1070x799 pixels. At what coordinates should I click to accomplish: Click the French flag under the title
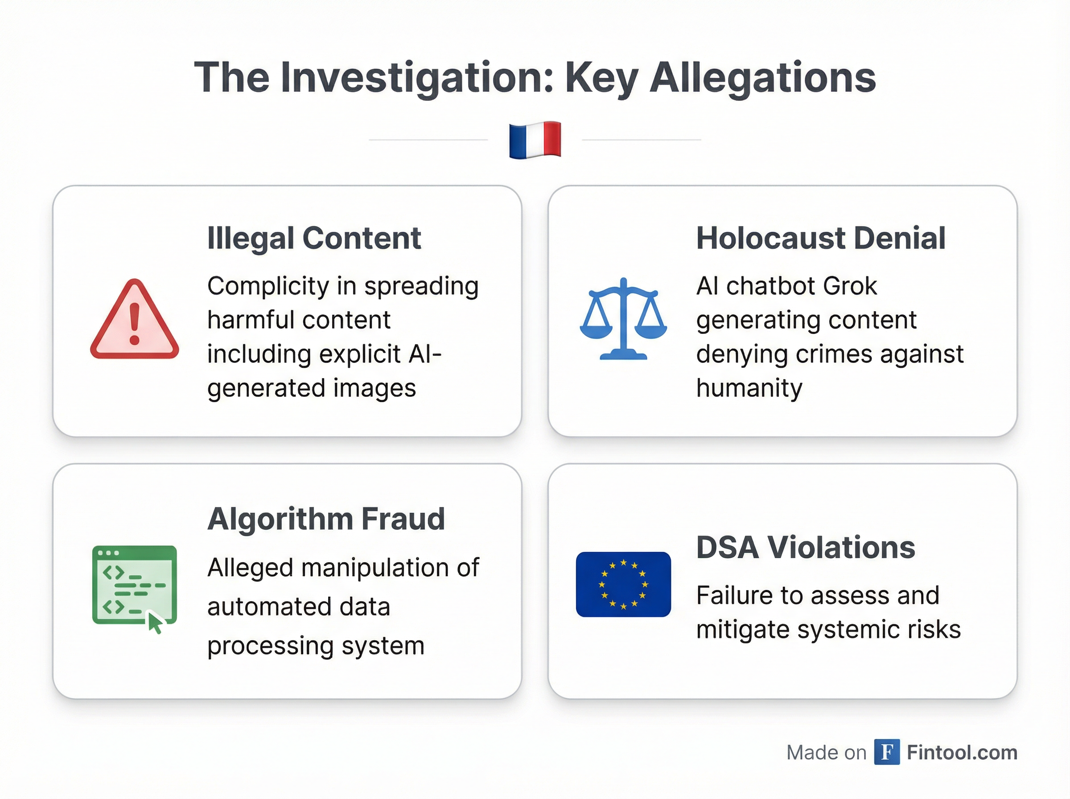click(535, 140)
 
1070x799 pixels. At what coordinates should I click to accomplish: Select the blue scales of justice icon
click(623, 319)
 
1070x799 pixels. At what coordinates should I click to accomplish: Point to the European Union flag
click(623, 584)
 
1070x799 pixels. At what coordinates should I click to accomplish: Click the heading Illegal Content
click(314, 238)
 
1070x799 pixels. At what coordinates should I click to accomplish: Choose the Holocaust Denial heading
click(820, 238)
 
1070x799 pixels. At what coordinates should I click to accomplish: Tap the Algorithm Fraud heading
click(326, 519)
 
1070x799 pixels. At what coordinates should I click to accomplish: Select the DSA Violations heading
click(806, 548)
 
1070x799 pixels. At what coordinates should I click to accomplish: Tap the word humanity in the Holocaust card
click(749, 388)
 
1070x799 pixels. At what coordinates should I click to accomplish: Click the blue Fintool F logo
click(887, 752)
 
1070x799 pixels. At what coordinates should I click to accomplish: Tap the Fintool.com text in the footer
click(962, 752)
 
